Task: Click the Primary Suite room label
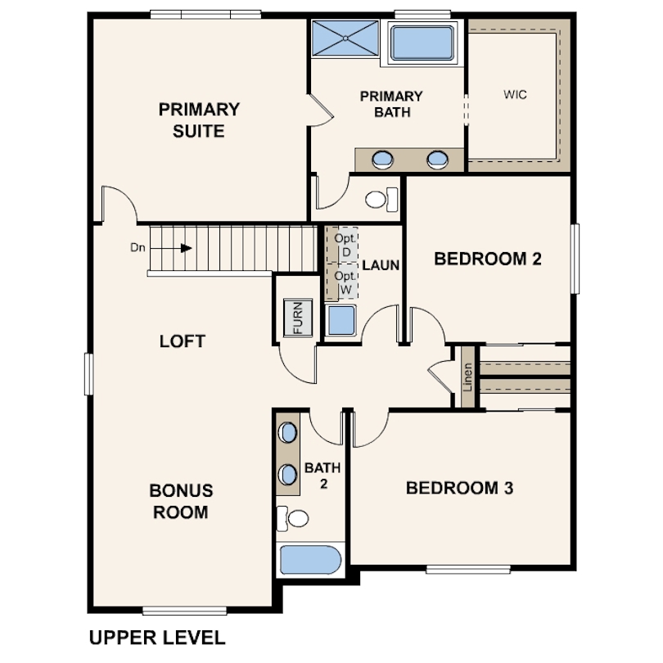coord(199,120)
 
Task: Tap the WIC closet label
coord(515,94)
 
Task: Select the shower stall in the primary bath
coord(345,38)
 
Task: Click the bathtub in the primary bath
coord(422,43)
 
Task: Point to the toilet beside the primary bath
coord(381,199)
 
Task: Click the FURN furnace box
coord(298,318)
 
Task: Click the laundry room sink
coord(341,320)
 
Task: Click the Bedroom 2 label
coord(488,259)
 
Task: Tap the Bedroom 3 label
coord(460,488)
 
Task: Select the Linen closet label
coord(467,377)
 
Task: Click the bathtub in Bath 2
coord(310,560)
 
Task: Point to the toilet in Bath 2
coord(292,518)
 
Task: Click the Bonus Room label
coord(181,502)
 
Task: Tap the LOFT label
coord(183,341)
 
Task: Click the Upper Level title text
coord(157,638)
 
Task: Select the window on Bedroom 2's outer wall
coord(575,259)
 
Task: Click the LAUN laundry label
coord(381,265)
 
